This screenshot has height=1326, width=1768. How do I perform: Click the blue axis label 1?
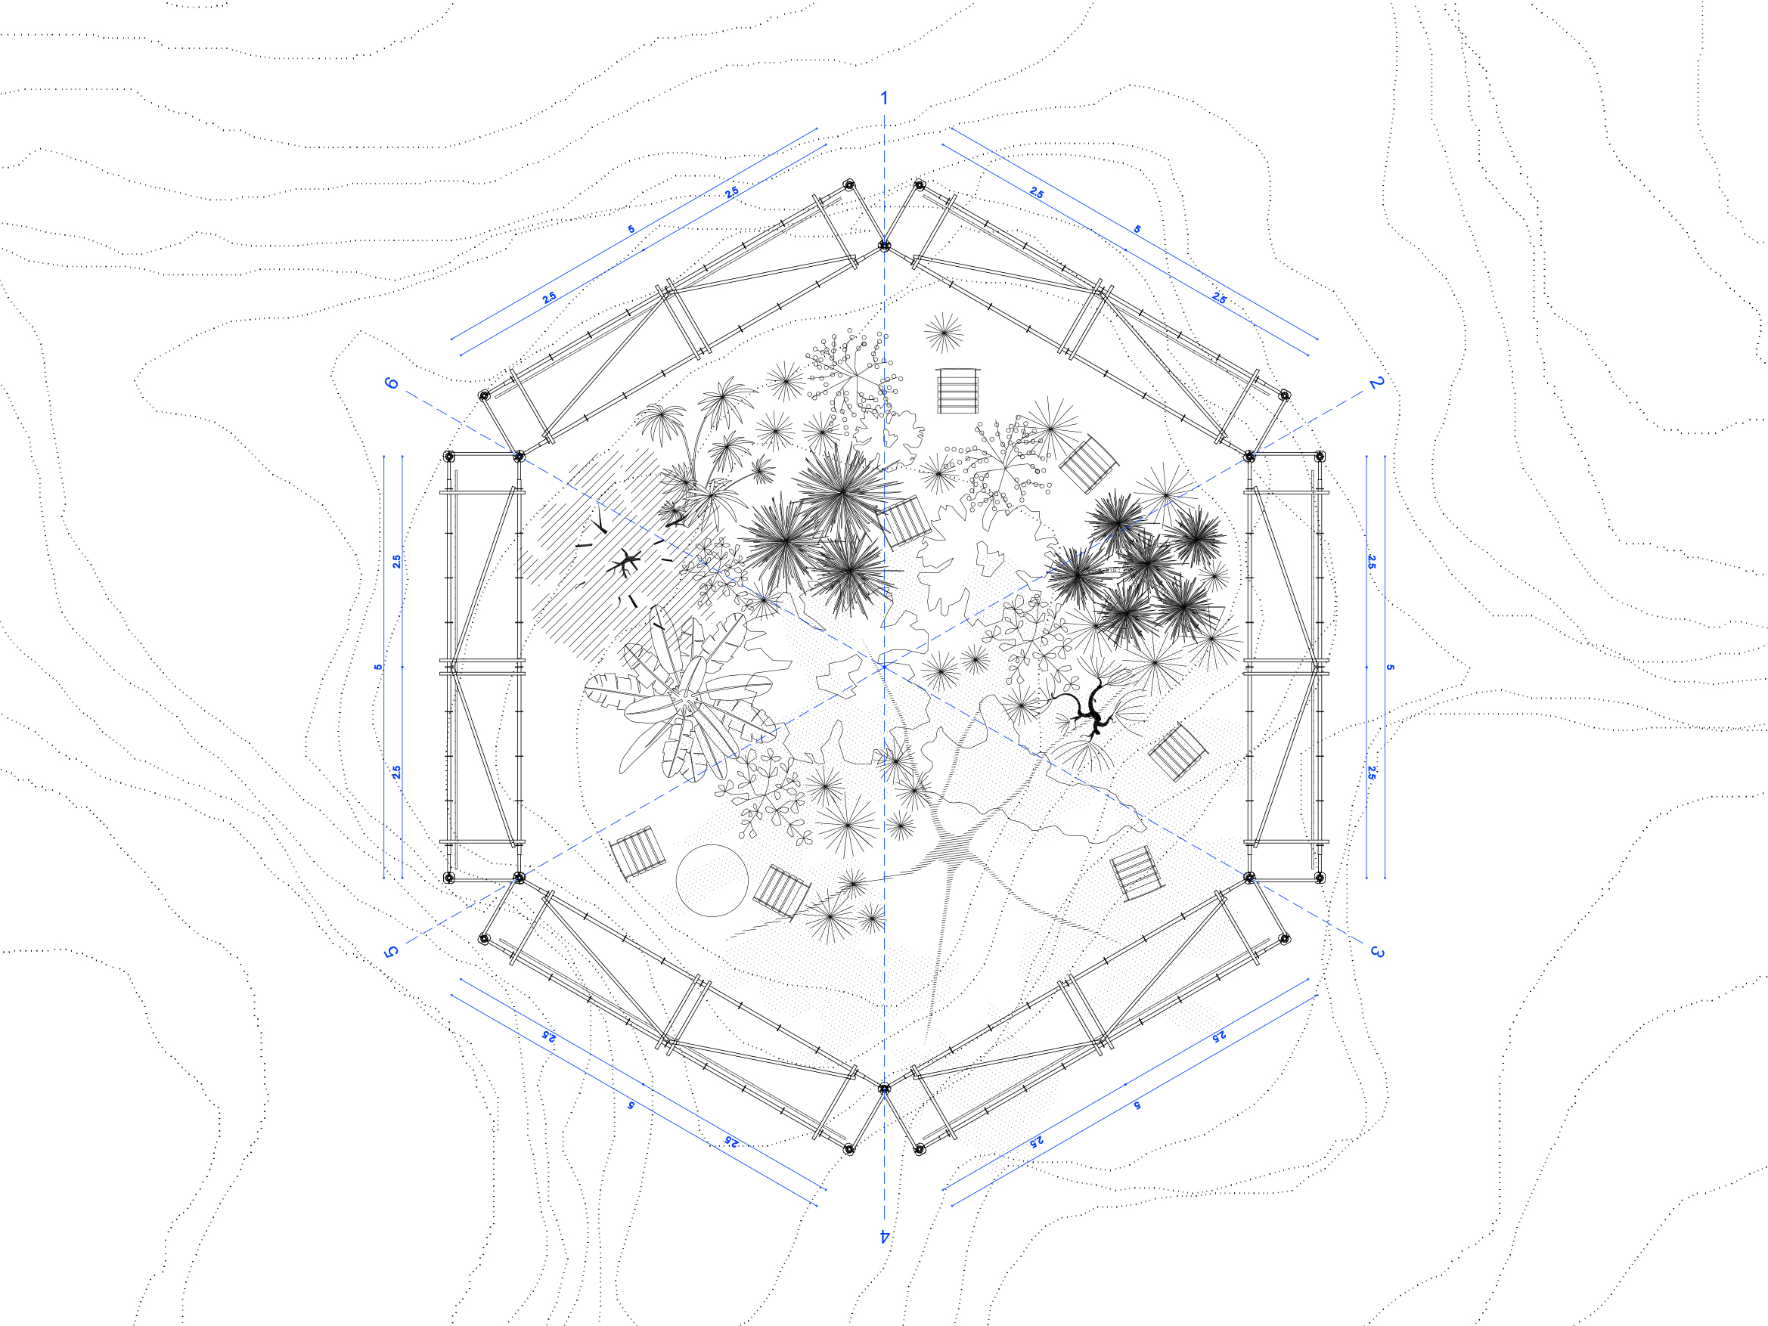click(x=883, y=98)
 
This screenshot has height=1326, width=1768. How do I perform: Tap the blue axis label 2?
click(x=1376, y=383)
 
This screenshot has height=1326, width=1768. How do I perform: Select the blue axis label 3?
click(x=1376, y=951)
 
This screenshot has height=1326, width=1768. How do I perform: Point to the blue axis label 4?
click(x=884, y=1236)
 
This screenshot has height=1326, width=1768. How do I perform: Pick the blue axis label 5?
click(x=391, y=951)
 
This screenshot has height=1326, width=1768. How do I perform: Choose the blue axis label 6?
click(x=392, y=383)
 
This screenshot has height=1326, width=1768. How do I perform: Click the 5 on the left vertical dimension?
click(x=378, y=667)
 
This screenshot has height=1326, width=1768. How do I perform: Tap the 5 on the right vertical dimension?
click(x=1390, y=667)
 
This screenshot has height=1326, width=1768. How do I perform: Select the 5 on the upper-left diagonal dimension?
click(x=631, y=229)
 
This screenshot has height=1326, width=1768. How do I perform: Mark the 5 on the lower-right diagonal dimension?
click(x=1137, y=1105)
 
